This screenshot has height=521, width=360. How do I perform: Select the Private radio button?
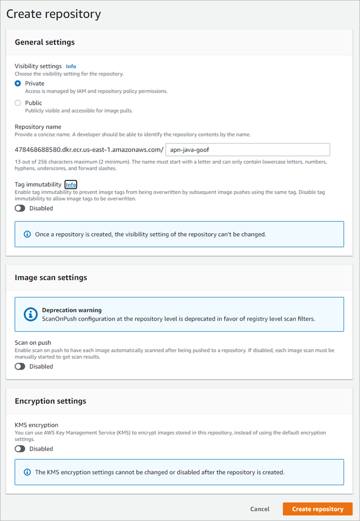click(18, 83)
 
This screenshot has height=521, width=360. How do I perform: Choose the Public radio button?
click(18, 103)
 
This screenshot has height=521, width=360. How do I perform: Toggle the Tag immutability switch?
click(20, 208)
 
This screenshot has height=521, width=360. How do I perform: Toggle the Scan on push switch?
click(20, 366)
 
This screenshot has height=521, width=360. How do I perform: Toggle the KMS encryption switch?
click(20, 449)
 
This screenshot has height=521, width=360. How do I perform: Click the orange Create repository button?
click(317, 509)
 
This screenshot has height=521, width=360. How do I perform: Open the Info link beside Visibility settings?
click(71, 66)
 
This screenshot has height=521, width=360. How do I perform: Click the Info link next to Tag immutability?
click(71, 185)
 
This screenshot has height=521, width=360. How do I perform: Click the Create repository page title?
click(54, 14)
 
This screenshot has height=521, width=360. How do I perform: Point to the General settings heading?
click(45, 42)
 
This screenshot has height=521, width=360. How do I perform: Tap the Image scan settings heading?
click(51, 278)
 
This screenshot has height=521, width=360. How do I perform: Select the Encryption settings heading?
click(50, 401)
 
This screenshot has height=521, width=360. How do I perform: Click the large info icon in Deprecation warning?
click(31, 314)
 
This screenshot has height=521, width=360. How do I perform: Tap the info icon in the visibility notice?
click(27, 234)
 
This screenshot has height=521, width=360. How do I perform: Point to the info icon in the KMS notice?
click(27, 472)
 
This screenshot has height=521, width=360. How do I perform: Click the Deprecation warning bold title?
click(72, 310)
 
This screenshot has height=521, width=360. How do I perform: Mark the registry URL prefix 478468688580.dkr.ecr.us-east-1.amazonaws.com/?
click(89, 150)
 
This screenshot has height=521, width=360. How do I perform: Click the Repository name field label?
click(38, 127)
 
